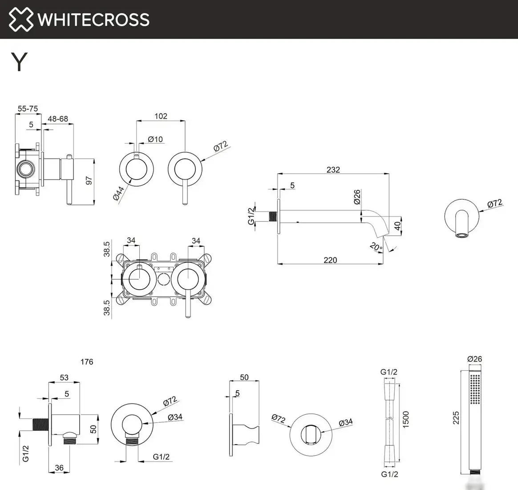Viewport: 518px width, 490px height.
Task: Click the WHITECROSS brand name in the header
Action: point(93,20)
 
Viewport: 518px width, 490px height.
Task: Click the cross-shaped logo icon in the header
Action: point(21,20)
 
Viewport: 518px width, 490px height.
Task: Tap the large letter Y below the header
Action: point(20,62)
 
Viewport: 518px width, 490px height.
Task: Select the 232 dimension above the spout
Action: point(333,170)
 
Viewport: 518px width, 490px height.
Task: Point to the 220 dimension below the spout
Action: point(330,260)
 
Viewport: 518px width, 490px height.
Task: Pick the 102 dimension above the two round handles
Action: point(161,116)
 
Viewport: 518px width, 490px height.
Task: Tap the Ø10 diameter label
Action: point(155,139)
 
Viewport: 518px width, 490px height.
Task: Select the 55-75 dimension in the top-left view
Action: point(28,109)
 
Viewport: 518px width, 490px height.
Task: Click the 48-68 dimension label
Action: point(58,119)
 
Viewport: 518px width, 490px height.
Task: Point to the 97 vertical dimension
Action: point(89,181)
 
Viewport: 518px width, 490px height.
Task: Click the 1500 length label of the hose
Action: point(405,420)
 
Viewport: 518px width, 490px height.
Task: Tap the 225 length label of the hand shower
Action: point(456,417)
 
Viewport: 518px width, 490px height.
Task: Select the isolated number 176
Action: point(87,362)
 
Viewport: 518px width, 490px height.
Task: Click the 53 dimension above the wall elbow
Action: point(64,377)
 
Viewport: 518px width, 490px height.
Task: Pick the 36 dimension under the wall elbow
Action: point(59,468)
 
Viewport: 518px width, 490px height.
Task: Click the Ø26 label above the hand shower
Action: point(474,359)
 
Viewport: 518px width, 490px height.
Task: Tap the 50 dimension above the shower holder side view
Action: point(244,377)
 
